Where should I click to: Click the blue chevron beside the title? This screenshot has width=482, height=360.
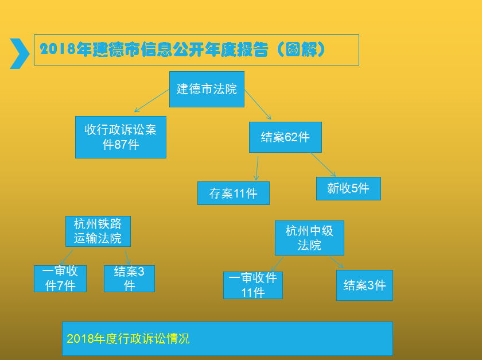pos(20,53)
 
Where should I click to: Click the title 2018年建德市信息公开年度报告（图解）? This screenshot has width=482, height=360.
pos(182,49)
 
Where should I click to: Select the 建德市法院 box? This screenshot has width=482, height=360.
pos(207,89)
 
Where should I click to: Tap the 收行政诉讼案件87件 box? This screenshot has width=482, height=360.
pos(121,137)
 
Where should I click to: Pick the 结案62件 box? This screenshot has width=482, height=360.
pos(285,137)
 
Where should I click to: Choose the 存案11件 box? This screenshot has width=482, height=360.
pos(234,193)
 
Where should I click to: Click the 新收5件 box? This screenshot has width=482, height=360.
pos(349,189)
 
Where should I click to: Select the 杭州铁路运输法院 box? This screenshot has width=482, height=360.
pos(98,231)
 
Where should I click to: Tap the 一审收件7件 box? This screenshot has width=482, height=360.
pos(60,278)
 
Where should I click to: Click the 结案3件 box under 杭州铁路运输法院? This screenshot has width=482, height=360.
pos(130,278)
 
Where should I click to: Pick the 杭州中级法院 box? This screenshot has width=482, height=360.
pos(309,238)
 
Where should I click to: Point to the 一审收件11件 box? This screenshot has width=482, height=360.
pos(253,285)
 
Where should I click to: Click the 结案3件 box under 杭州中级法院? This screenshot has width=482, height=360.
pos(364,285)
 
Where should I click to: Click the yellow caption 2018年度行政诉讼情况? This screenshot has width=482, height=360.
pos(128,339)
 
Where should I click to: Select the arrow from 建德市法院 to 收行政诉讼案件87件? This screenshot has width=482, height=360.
pos(152,100)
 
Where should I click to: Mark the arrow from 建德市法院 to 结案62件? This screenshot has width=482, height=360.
pos(258,104)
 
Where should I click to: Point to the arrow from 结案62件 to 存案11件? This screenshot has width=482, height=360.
pos(257,168)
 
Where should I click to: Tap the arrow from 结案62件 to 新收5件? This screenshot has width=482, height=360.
pos(324,165)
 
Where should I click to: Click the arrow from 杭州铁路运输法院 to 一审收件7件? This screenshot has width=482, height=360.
pos(67,257)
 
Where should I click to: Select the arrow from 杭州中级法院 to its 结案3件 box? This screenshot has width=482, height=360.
pos(337,262)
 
